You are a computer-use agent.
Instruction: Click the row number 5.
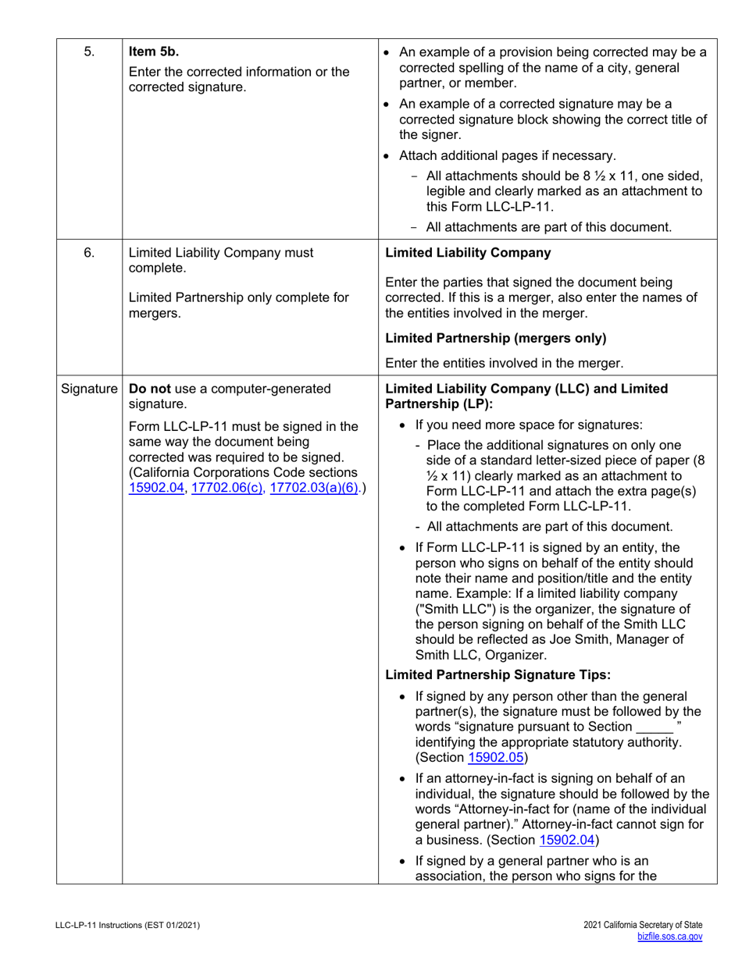pyautogui.click(x=89, y=53)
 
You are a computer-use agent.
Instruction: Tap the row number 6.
pyautogui.click(x=89, y=252)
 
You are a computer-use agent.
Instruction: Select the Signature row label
pyautogui.click(x=89, y=388)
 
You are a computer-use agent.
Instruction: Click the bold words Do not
pyautogui.click(x=148, y=388)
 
